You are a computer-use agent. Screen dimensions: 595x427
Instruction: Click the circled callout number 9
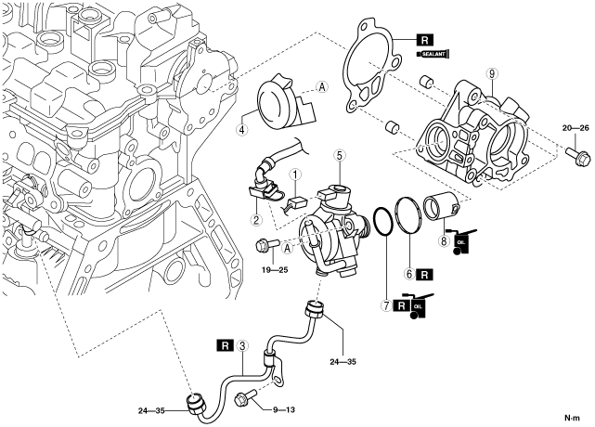coord(491,73)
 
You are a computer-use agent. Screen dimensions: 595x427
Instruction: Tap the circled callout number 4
coord(241,129)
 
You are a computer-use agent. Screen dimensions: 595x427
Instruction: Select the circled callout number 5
coord(339,155)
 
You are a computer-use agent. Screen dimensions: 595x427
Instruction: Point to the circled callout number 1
coord(295,175)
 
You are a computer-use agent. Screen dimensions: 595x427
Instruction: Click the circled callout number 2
coord(256,219)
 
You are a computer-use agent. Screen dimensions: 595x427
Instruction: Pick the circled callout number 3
coord(242,345)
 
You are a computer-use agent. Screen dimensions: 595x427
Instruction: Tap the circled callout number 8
coord(444,240)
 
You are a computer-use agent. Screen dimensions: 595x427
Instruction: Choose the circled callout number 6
coord(409,274)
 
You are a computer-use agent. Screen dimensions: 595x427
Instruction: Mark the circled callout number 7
coord(387,305)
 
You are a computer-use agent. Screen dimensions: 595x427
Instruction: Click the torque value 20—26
coord(576,128)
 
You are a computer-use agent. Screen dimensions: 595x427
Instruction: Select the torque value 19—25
coord(275,270)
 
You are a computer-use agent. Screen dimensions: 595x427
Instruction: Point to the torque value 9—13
coord(284,409)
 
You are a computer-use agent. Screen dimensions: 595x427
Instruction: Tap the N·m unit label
coord(572,419)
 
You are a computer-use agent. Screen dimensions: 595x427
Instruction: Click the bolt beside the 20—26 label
coord(578,155)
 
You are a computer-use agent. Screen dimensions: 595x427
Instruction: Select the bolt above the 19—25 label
coord(267,244)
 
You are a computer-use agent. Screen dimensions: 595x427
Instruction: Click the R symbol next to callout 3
coord(225,345)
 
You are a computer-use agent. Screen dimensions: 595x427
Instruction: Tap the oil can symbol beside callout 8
coord(460,241)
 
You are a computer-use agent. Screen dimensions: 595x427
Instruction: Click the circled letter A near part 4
coord(322,87)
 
